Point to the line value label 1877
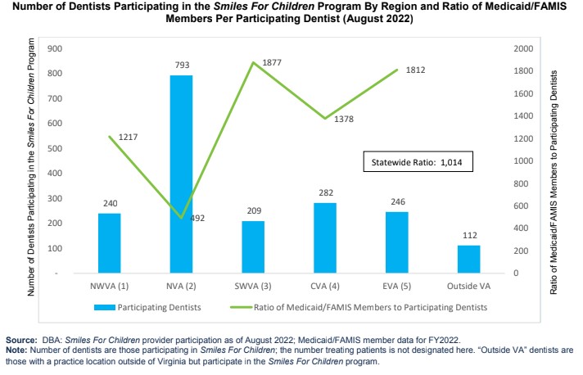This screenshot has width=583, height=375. [x=273, y=62]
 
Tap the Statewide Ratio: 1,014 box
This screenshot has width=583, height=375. [x=418, y=162]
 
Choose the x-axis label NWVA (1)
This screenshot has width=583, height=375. [x=110, y=287]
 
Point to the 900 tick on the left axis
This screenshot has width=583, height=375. [x=57, y=48]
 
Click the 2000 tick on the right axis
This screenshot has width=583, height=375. [x=523, y=48]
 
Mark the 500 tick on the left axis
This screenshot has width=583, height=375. [x=57, y=148]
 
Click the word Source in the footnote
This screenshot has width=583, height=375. [x=20, y=339]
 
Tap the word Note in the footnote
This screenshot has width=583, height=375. [x=16, y=350]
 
